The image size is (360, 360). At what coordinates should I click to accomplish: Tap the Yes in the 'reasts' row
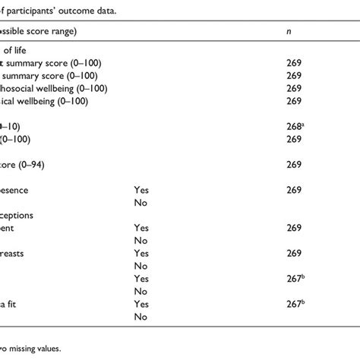pyautogui.click(x=141, y=253)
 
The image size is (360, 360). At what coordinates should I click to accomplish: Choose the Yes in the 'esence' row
pyautogui.click(x=141, y=189)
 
